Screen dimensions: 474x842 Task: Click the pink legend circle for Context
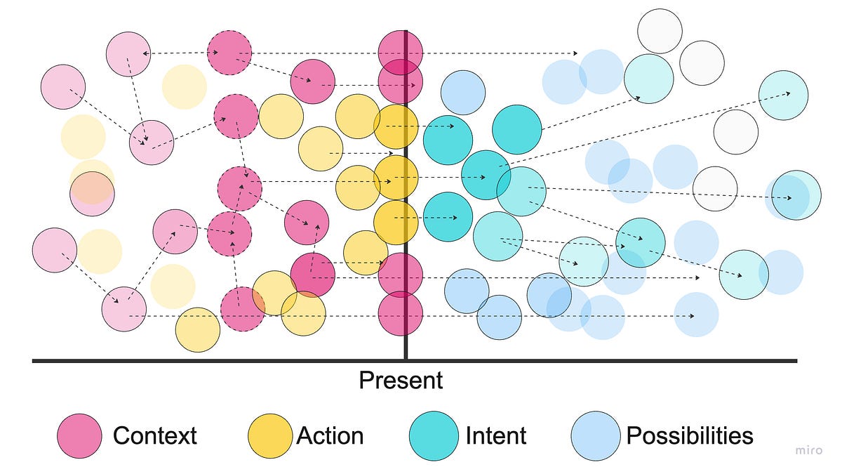(x=80, y=436)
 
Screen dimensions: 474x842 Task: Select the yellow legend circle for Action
(x=270, y=436)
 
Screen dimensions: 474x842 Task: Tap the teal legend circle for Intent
(x=434, y=436)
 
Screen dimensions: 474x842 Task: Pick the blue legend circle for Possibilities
(x=596, y=436)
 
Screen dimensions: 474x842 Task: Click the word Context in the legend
(x=154, y=436)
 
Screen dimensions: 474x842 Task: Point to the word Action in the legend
(x=330, y=436)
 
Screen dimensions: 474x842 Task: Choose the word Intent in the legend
(x=495, y=436)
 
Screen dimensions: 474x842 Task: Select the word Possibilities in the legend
(x=689, y=436)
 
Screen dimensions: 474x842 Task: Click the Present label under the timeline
(x=401, y=381)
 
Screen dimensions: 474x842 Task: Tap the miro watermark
(x=808, y=451)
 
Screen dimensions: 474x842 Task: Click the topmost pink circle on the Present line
(x=400, y=53)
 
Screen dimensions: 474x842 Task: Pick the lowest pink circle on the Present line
(x=400, y=313)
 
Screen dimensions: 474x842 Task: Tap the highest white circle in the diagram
(x=660, y=31)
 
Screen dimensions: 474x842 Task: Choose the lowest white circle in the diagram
(x=715, y=188)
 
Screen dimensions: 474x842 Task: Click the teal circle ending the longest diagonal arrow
(x=783, y=96)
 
